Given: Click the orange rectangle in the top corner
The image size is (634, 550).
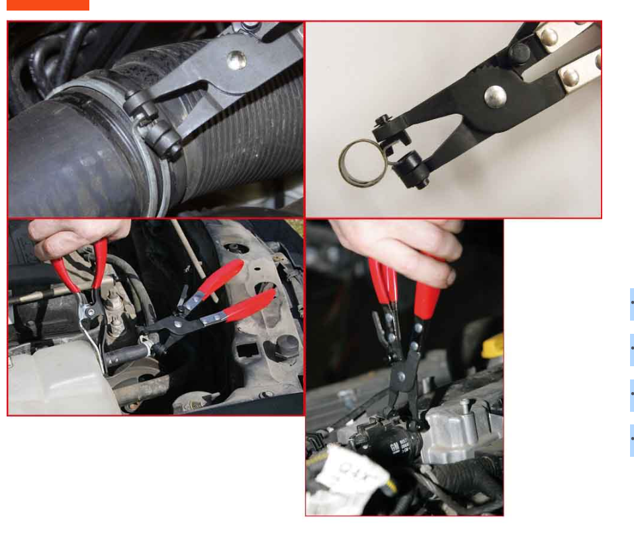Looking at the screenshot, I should click(48, 5).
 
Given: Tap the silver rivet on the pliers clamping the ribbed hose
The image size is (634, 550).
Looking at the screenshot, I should click(236, 60).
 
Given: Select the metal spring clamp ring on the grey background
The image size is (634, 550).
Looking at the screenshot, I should click(361, 163).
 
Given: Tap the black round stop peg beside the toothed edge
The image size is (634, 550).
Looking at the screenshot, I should click(520, 52).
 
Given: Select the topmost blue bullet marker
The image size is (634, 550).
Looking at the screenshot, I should click(631, 305).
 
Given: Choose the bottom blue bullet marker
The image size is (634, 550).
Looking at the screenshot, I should click(631, 440).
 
